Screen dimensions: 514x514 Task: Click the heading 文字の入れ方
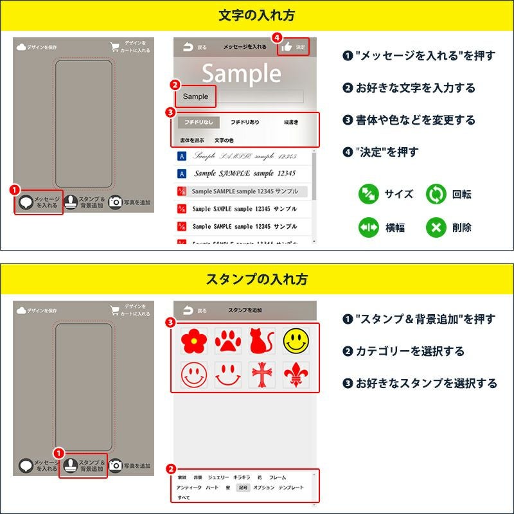coord(257,15)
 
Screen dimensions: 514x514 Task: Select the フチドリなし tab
coord(198,121)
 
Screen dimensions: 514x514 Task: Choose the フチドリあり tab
coord(245,121)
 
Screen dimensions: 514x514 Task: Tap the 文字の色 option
coord(224,140)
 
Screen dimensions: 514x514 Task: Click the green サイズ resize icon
coord(368,194)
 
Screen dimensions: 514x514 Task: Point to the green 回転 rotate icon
coord(436,194)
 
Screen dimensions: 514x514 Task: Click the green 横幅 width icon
coord(368,227)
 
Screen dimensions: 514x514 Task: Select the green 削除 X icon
coord(436,227)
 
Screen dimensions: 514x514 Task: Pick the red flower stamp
coord(192,341)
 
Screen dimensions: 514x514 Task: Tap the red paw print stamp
coord(227,341)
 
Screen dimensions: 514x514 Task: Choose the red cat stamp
coord(261,341)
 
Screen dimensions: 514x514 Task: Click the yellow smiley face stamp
coord(296,341)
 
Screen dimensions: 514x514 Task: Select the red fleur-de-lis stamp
coord(296,375)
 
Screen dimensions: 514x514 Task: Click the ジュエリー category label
coord(218,478)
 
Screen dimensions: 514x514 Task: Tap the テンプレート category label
coord(291,488)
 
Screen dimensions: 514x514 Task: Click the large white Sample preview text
coord(242,74)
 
